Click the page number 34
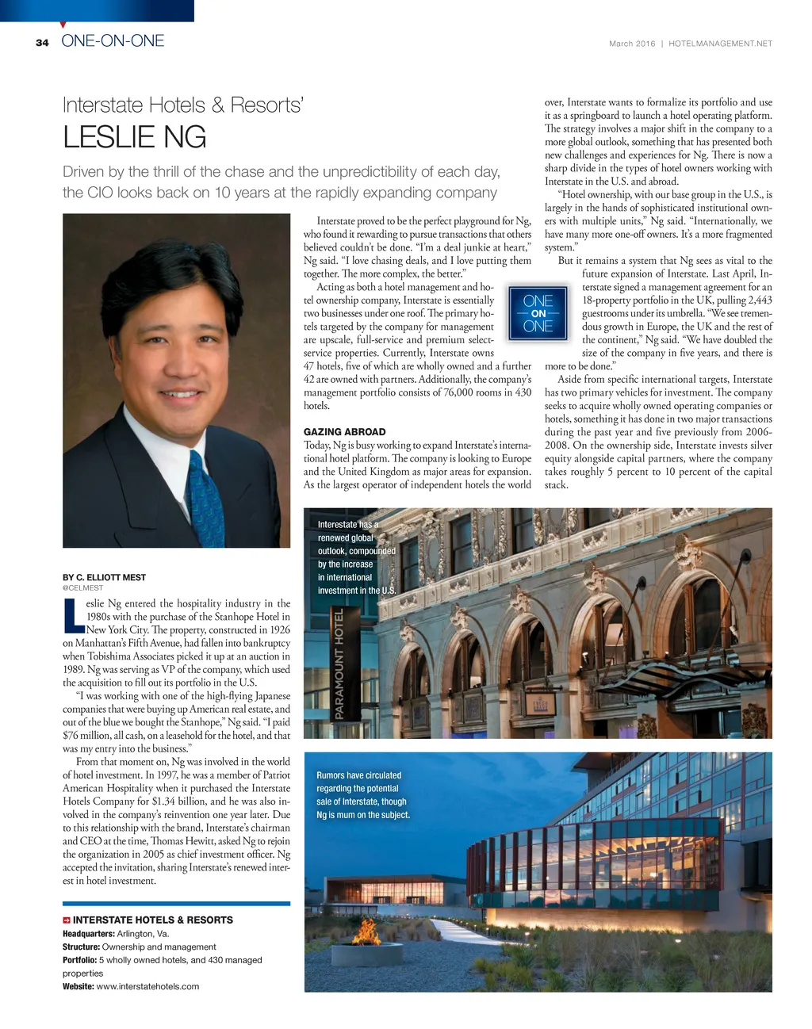42,43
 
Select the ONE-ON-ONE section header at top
113,41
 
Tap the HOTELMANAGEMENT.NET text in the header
720,44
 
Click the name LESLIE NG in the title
134,138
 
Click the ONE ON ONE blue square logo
538,313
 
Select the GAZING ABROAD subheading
344,432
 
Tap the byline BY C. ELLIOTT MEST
104,577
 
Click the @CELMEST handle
82,588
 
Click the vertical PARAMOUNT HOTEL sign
339,664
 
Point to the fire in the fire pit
366,928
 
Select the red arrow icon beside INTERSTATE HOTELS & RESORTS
67,920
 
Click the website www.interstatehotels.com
147,986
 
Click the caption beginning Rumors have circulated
362,795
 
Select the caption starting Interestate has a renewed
356,557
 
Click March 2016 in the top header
632,44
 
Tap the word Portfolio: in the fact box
79,960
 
